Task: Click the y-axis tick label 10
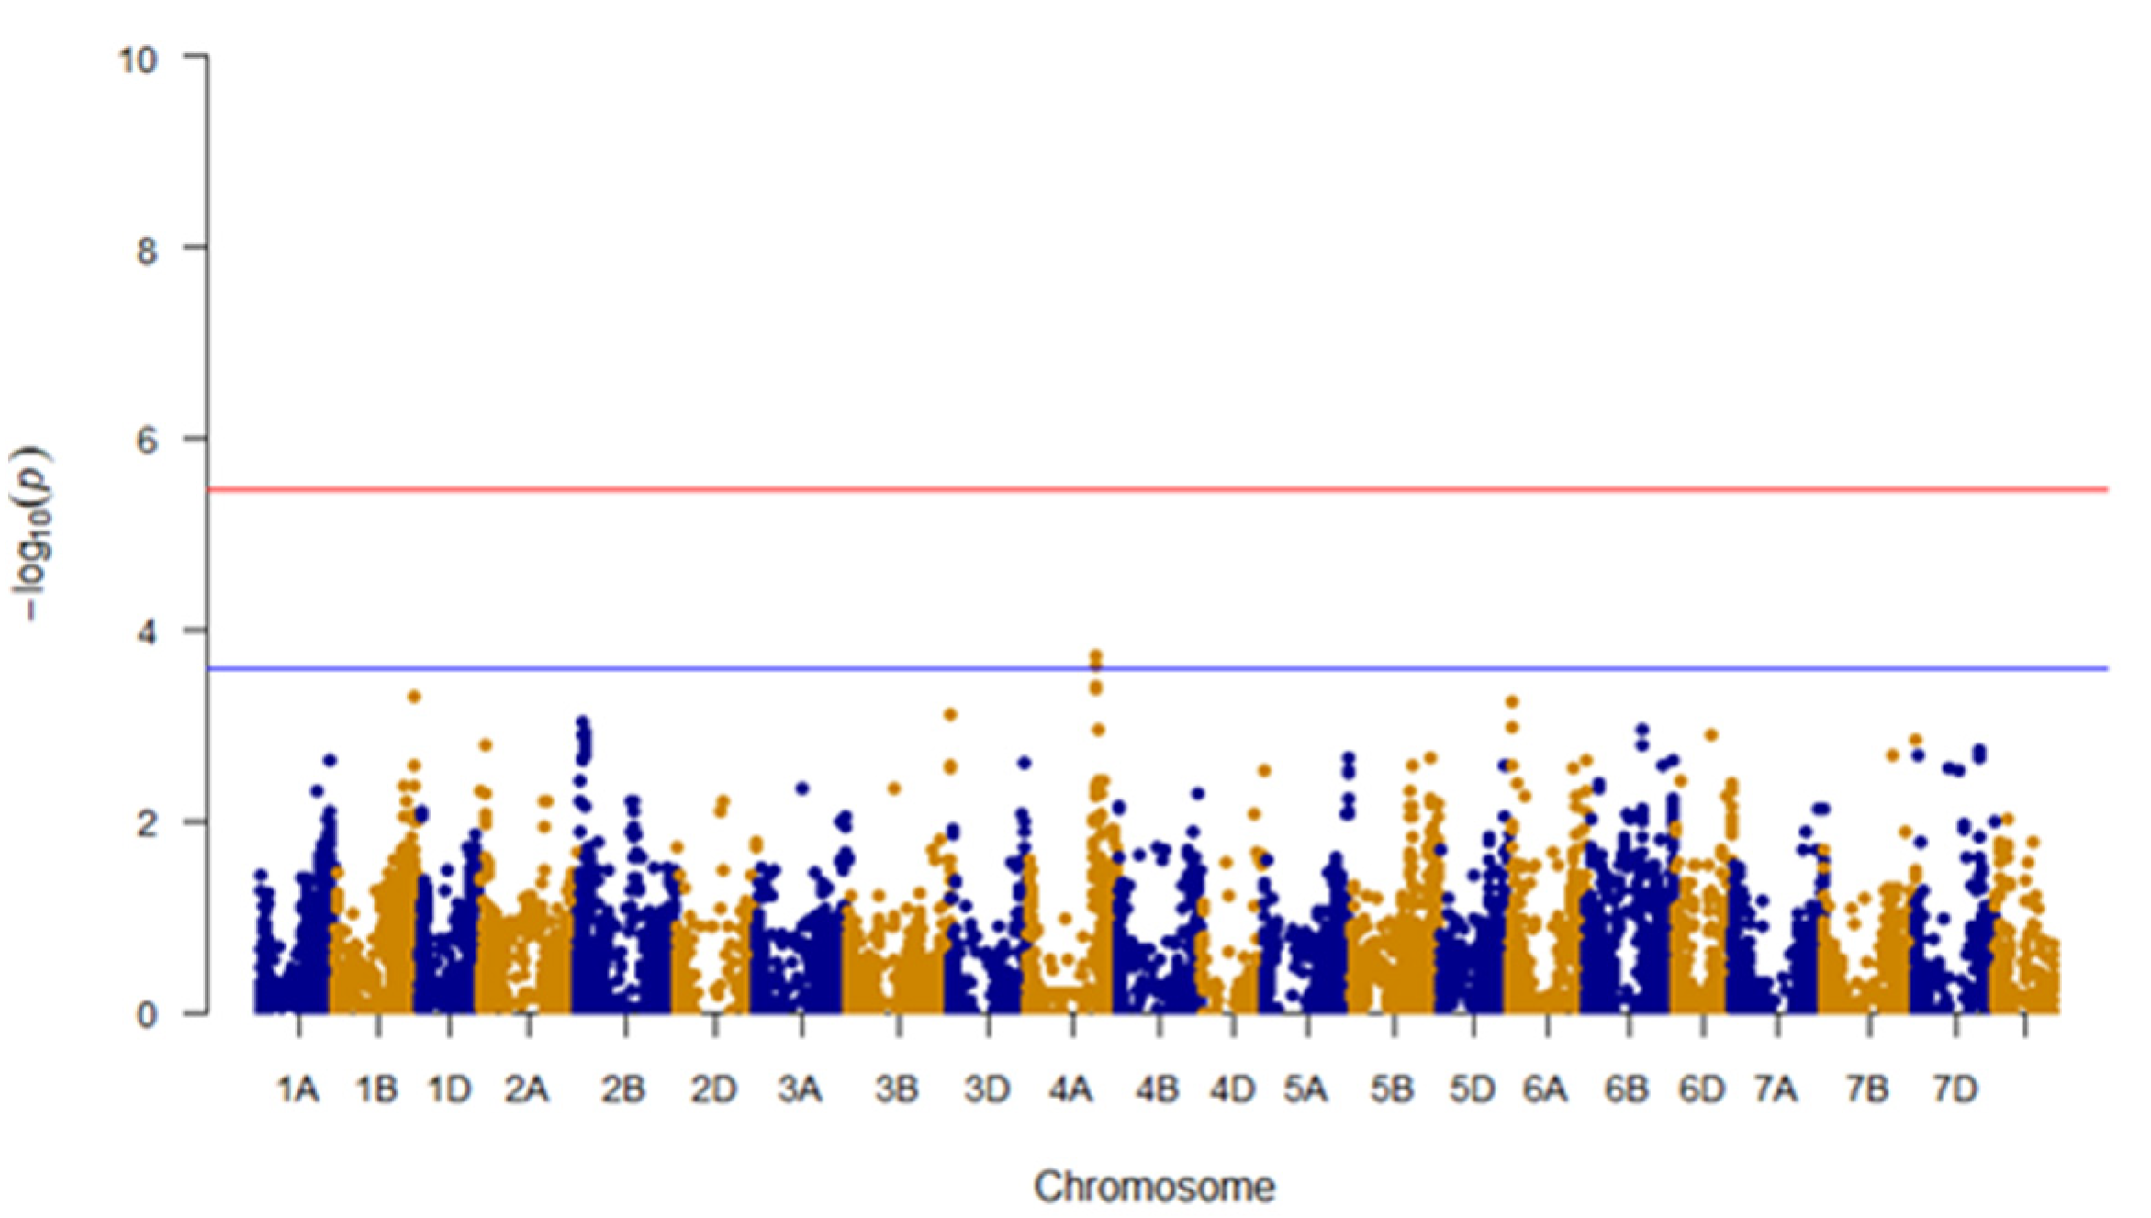(139, 61)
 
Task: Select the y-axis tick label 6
(147, 441)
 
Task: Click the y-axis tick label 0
(147, 1015)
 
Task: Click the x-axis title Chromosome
(1154, 1187)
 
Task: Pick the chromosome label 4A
(1070, 1089)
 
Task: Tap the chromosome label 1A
(297, 1089)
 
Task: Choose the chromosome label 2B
(623, 1089)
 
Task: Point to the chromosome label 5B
(1392, 1089)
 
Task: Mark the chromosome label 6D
(1701, 1089)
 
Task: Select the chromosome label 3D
(987, 1089)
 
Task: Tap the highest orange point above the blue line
(1095, 656)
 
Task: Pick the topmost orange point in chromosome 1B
(414, 697)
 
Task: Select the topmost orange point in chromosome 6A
(1512, 702)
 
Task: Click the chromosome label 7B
(1866, 1089)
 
